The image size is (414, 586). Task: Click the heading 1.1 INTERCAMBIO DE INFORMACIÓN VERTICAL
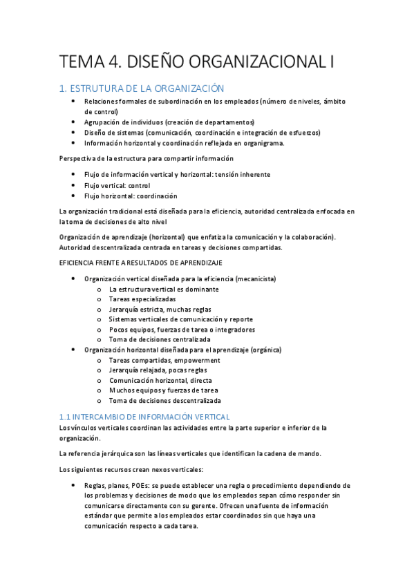click(x=144, y=417)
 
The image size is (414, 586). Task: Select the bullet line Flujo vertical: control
click(x=117, y=185)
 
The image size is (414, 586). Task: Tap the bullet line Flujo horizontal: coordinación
click(x=130, y=196)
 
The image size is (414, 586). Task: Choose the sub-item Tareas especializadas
click(x=142, y=299)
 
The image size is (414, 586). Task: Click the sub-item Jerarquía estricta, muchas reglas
click(x=160, y=310)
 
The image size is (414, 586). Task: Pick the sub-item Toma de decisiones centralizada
click(x=160, y=339)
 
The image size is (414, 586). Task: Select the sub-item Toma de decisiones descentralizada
click(x=165, y=400)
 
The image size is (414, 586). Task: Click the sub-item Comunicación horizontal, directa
click(x=160, y=380)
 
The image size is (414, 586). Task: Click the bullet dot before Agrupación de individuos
click(x=74, y=122)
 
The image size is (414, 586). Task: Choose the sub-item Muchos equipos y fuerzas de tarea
click(x=163, y=390)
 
